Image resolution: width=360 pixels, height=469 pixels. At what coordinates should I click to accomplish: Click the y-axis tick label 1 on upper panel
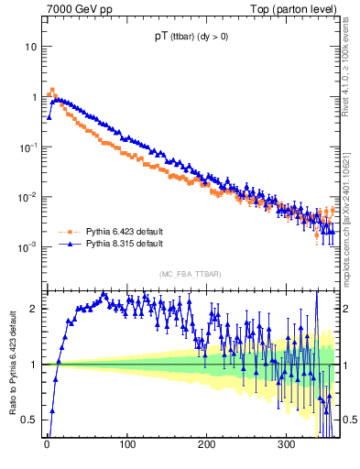(34, 97)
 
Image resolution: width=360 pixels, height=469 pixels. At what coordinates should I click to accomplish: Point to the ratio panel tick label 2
(35, 309)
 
